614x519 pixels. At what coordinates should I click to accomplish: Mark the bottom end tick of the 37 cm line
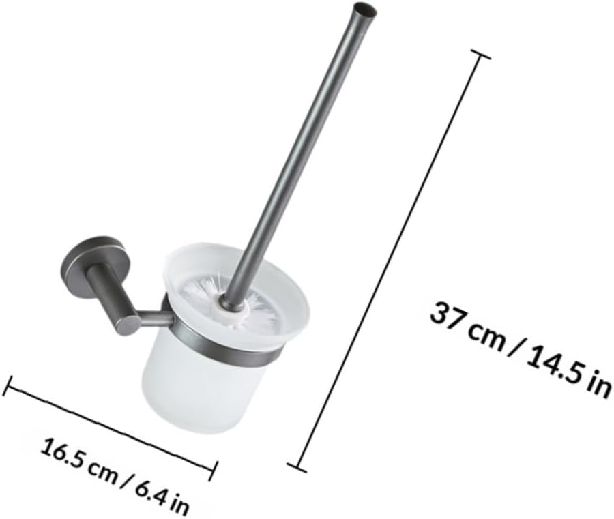point(297,468)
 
